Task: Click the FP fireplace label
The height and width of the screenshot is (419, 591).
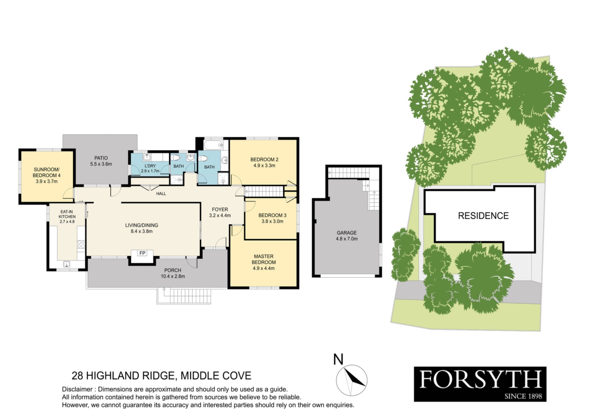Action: coord(142,253)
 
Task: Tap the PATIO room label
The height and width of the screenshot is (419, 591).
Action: coord(101,158)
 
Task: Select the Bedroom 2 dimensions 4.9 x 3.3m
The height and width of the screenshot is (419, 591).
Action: coord(264,166)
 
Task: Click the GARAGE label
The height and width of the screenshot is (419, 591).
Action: coord(347,233)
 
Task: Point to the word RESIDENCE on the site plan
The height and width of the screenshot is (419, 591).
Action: coord(483,216)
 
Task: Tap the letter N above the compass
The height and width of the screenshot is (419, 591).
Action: coord(338,360)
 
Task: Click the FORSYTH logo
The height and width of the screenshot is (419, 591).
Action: coord(480,384)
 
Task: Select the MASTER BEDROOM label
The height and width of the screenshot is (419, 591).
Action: coord(264,259)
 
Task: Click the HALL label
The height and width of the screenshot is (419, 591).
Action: coord(161,194)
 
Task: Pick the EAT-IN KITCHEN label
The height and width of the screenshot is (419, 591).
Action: coord(67,214)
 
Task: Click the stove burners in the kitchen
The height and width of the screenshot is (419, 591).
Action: coord(81,244)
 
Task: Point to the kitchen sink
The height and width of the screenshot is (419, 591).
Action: coord(66,264)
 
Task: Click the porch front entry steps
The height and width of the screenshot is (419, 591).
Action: coord(184,296)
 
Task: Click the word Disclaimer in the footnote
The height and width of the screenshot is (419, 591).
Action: coord(77,389)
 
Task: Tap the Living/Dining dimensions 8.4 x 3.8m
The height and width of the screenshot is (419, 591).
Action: coord(142,232)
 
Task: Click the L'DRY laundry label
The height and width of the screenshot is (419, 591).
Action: coord(150,166)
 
